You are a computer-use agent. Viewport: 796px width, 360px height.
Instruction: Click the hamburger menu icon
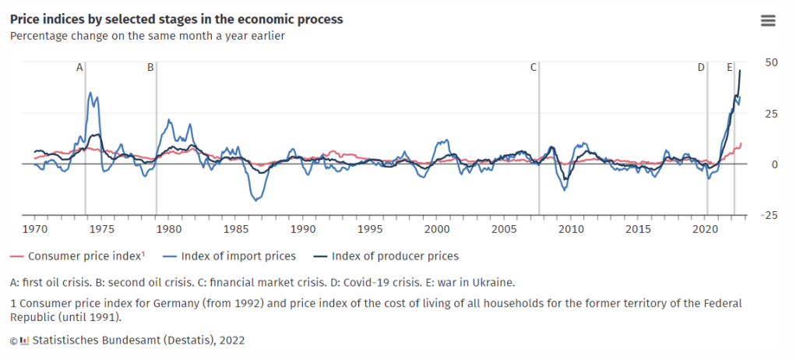click(x=768, y=21)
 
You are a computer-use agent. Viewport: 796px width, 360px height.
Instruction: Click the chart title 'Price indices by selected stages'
click(x=176, y=19)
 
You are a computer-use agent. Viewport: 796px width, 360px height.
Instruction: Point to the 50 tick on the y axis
click(x=772, y=62)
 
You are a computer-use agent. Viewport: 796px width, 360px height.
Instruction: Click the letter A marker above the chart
click(x=79, y=68)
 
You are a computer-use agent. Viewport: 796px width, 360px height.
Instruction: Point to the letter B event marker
click(x=151, y=68)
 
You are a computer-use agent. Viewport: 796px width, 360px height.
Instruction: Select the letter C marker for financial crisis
click(x=534, y=68)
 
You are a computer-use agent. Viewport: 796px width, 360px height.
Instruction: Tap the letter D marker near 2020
click(x=701, y=68)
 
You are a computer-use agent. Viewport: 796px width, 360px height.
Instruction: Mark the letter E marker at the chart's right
click(x=730, y=68)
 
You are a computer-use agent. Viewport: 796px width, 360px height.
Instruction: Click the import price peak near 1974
click(x=90, y=93)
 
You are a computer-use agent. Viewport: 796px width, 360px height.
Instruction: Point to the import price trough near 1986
click(x=254, y=200)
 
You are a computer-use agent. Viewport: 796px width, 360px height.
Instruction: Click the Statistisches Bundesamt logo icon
click(x=24, y=341)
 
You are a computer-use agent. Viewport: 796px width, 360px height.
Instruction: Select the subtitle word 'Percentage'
click(x=37, y=36)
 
